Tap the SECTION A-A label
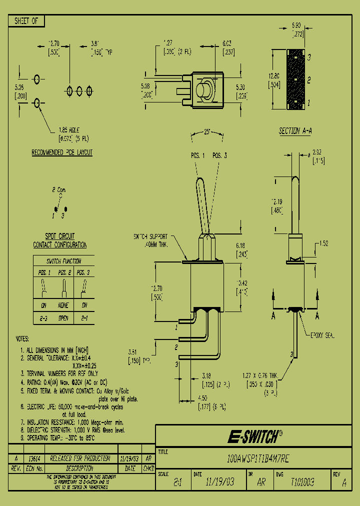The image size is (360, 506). click(296, 131)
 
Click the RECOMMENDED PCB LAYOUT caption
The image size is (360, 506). click(62, 152)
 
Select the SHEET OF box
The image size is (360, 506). click(26, 21)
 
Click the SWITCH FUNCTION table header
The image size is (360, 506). click(63, 261)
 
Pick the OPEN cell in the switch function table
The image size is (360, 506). click(63, 317)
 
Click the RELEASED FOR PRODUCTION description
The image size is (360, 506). click(80, 458)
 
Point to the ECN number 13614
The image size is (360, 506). click(33, 458)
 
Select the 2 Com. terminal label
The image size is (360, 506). click(60, 190)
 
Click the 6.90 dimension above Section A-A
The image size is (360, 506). click(296, 24)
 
